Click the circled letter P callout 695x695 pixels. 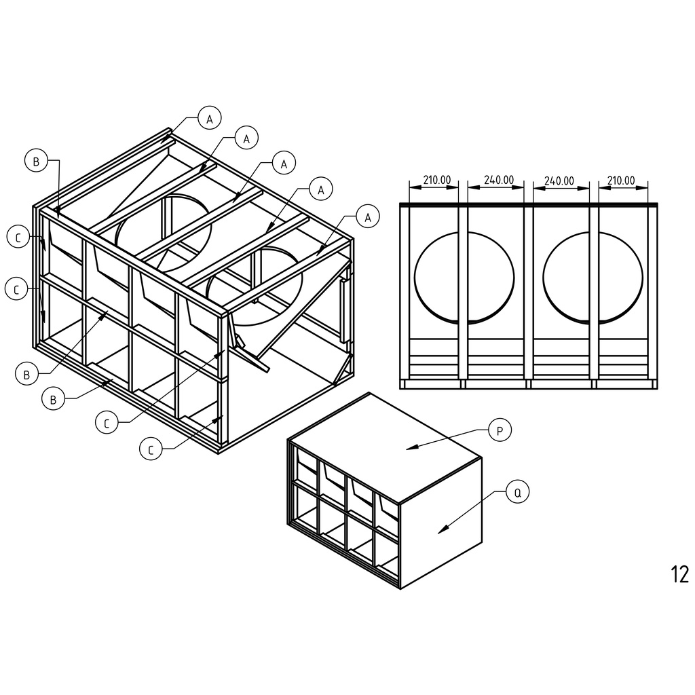click(500, 430)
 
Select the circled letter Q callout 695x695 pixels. click(517, 492)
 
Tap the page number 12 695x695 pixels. click(680, 574)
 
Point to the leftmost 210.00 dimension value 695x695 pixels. click(436, 180)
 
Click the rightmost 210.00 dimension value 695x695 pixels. click(620, 181)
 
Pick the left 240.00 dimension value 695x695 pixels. click(499, 180)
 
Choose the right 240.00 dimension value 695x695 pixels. click(559, 181)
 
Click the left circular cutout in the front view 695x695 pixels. click(415, 278)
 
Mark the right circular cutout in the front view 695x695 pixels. click(543, 278)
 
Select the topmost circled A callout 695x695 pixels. click(210, 118)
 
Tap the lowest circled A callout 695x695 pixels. click(367, 217)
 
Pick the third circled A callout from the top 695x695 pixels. click(284, 164)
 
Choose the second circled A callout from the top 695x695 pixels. click(246, 138)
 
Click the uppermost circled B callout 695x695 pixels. click(37, 161)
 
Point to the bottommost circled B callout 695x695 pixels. click(53, 399)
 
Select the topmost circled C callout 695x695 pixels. click(18, 237)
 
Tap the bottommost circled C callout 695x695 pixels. click(151, 449)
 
